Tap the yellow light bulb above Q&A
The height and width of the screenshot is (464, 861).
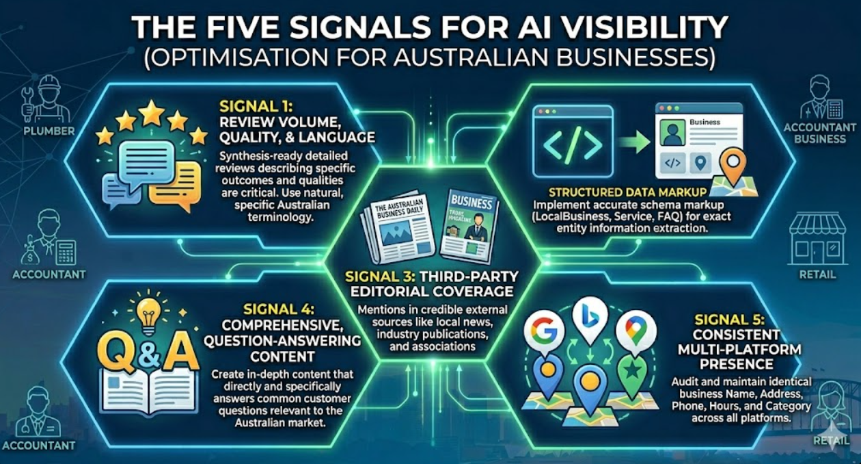coord(148,314)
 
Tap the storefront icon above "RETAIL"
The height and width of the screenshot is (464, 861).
coord(817,240)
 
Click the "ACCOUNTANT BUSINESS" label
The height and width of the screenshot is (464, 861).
coord(819,133)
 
